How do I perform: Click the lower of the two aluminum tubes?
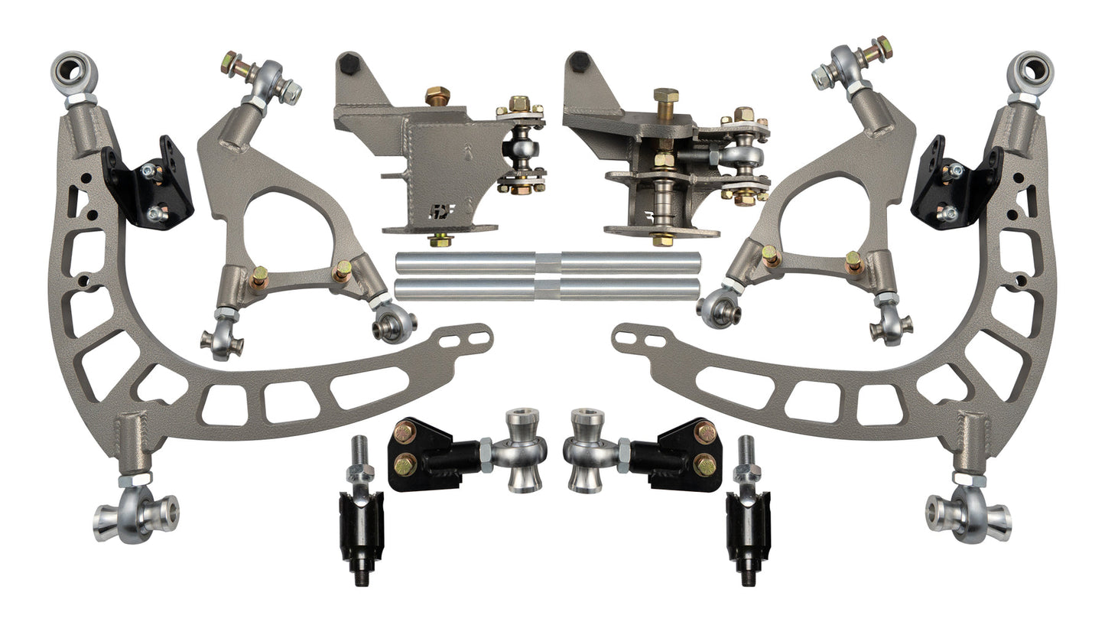click(x=548, y=289)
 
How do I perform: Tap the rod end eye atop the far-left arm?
click(x=74, y=71)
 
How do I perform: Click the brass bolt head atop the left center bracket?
click(x=437, y=96)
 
